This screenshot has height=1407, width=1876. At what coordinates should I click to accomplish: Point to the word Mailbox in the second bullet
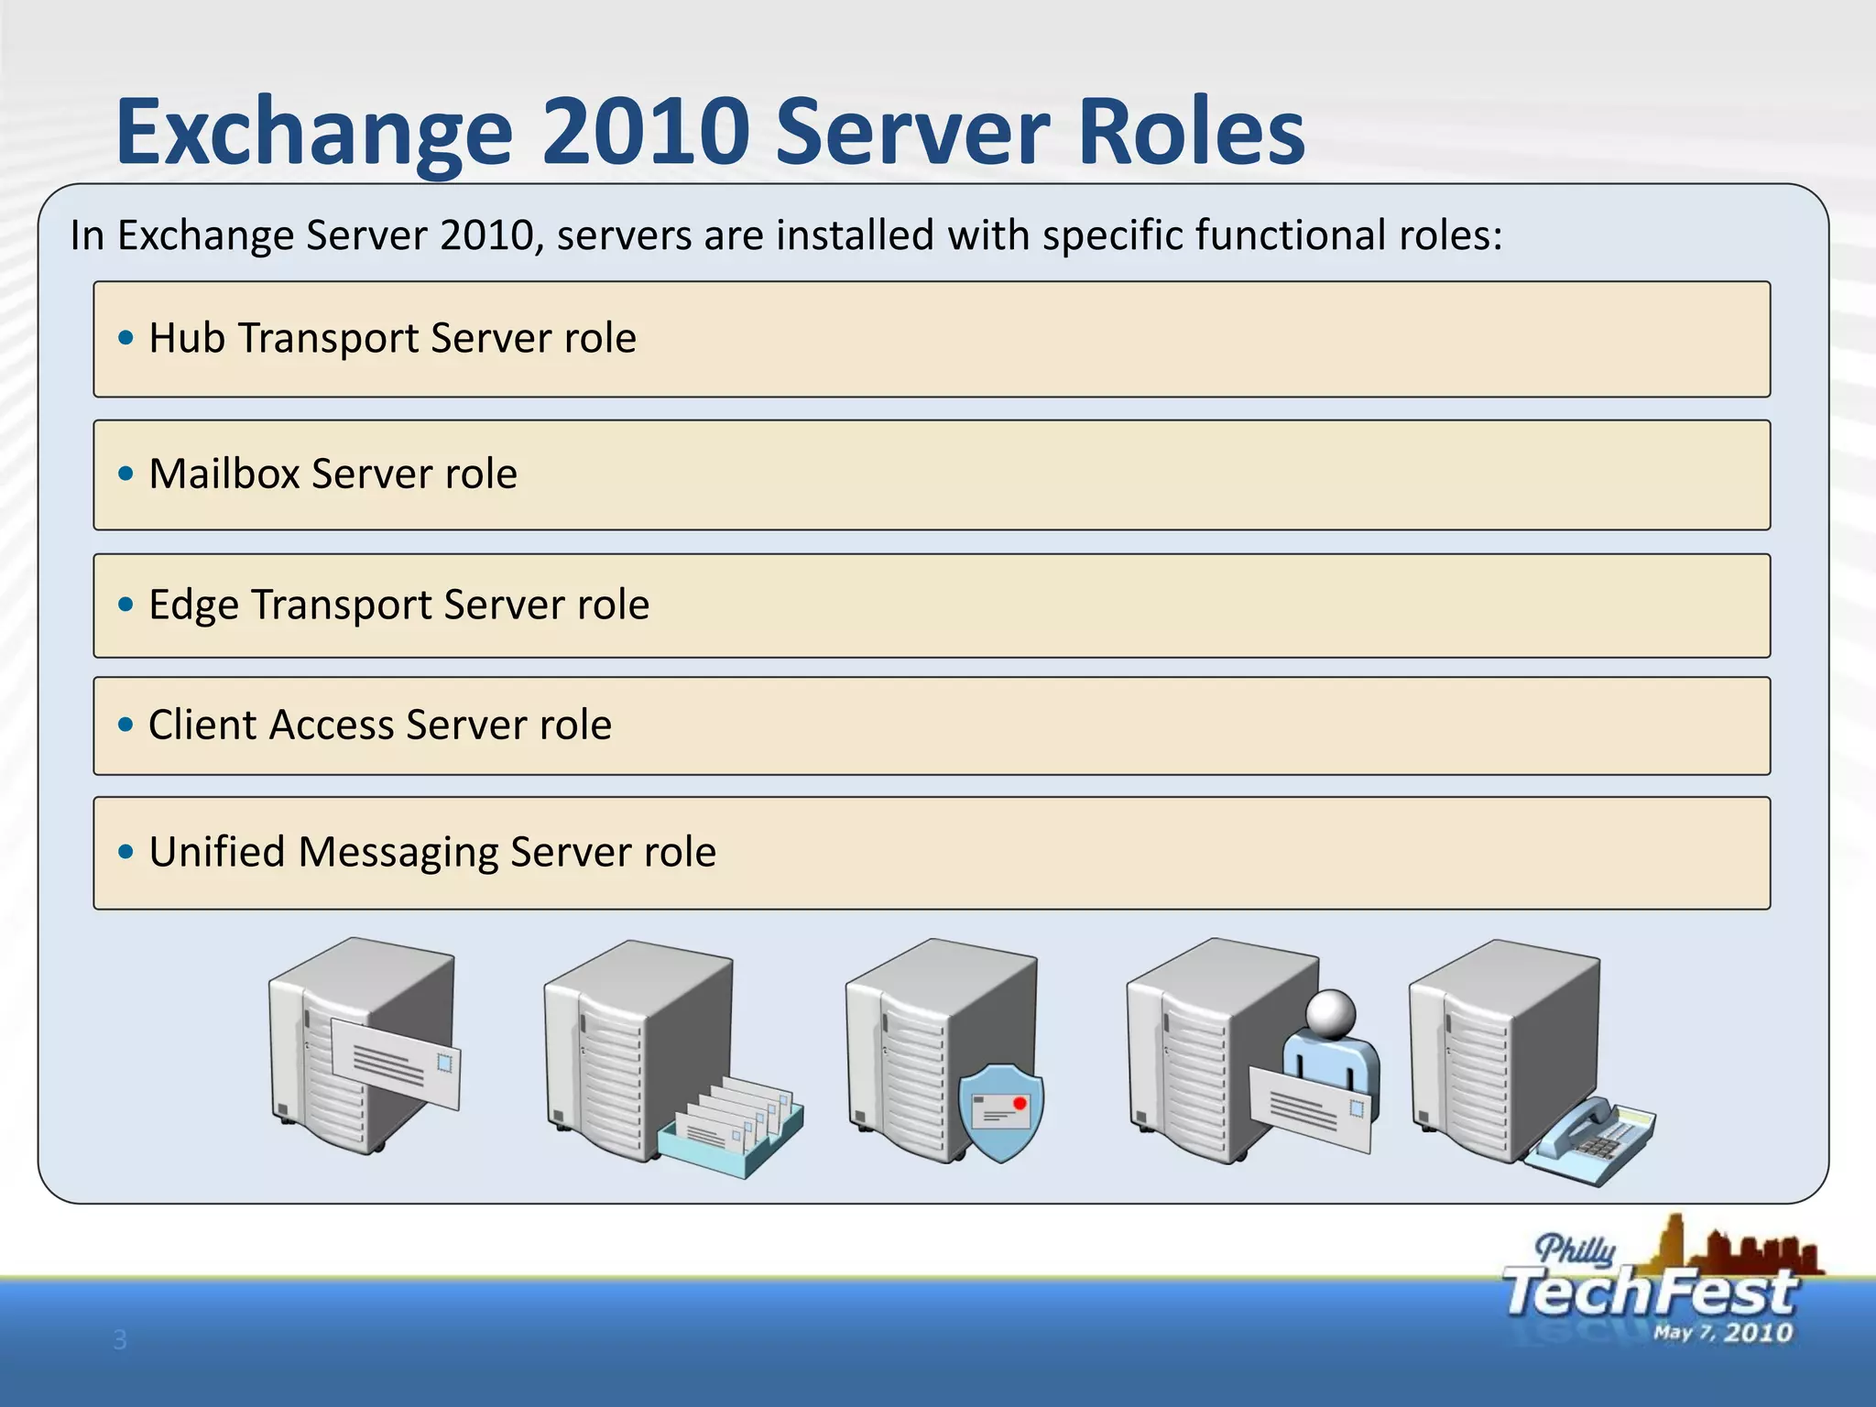(x=224, y=474)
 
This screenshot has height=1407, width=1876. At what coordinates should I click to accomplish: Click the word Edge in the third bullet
(x=194, y=605)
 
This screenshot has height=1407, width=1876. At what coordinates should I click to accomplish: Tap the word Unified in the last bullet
(x=217, y=852)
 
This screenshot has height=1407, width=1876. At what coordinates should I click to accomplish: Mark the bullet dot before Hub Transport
(x=126, y=338)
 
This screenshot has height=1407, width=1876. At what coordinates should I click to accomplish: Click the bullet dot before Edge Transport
(x=126, y=605)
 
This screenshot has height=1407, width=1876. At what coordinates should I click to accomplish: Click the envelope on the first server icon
(x=396, y=1063)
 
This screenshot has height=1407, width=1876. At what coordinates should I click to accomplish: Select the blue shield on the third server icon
(x=1001, y=1111)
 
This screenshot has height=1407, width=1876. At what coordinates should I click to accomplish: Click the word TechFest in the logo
(x=1649, y=1292)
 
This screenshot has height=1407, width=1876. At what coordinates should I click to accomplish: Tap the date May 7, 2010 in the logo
(x=1722, y=1333)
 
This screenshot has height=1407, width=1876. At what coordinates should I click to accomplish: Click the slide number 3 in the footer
(x=120, y=1340)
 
